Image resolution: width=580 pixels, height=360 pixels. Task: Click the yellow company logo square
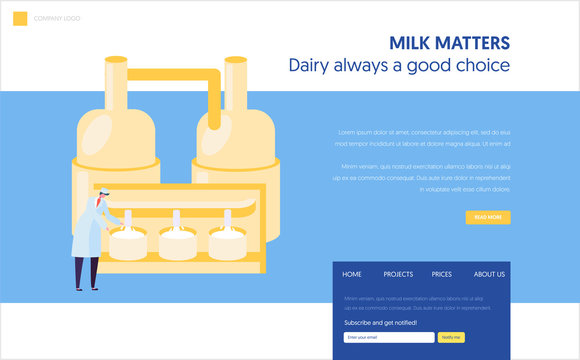tap(20, 18)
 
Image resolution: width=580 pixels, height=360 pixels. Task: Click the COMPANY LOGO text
tap(58, 19)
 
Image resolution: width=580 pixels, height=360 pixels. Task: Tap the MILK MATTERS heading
tap(449, 42)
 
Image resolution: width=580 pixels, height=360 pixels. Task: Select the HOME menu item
tap(352, 274)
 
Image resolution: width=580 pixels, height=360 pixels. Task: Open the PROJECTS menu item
tap(398, 274)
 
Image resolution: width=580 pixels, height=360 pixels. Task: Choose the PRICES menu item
tap(442, 274)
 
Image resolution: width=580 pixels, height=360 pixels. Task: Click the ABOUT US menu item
tap(489, 274)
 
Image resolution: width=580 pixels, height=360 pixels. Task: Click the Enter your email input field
tap(389, 337)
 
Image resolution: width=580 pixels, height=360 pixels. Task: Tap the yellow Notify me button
tap(452, 337)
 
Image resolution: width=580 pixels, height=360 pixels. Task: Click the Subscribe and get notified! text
tap(381, 322)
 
